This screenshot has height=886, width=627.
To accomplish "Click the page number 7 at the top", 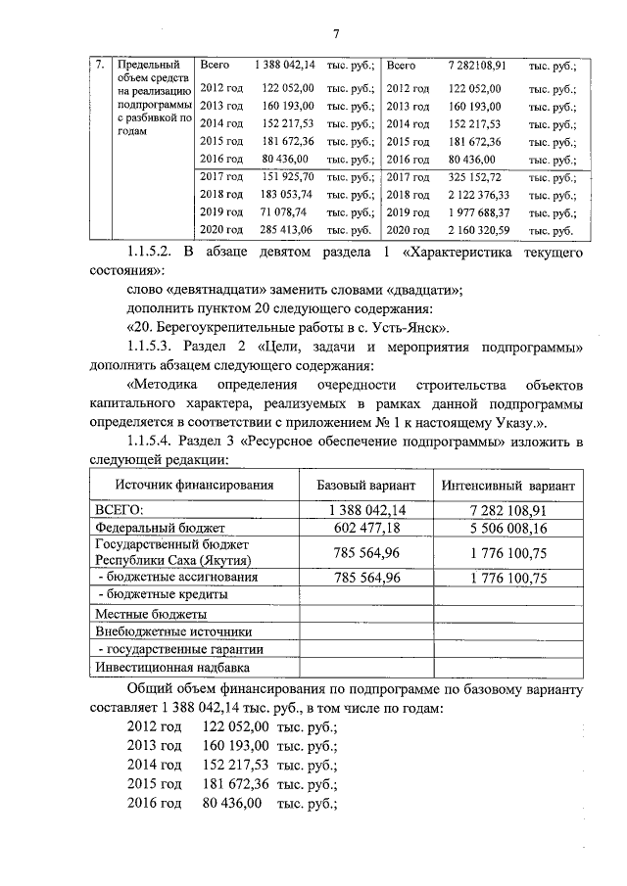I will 335,35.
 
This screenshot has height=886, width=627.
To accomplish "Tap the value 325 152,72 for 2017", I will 475,177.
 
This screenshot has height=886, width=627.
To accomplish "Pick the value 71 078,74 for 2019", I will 287,212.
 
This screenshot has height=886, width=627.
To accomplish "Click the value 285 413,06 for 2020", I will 287,230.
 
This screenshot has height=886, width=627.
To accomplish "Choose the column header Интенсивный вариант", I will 507,486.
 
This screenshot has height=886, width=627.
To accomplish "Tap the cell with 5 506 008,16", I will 507,529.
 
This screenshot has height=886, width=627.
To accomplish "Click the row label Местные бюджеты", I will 150,613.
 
